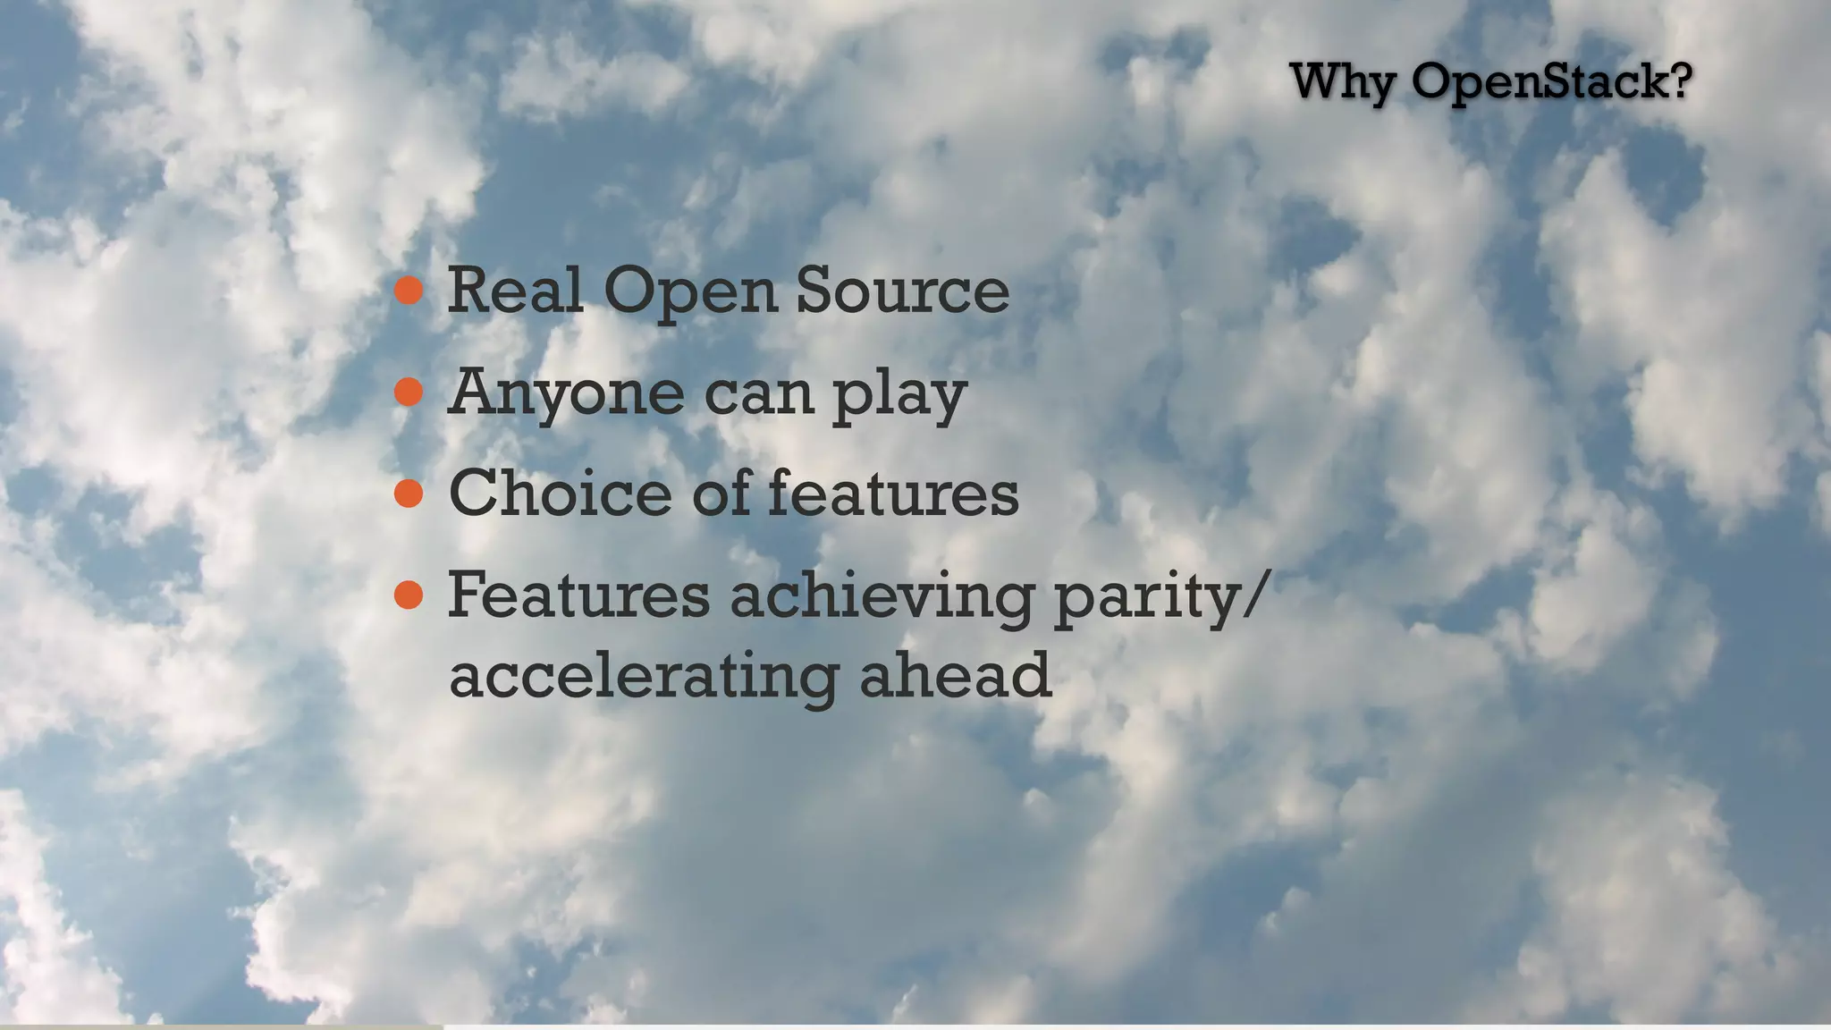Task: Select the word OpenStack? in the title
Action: pyautogui.click(x=1552, y=82)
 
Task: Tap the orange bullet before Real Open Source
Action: pyautogui.click(x=409, y=290)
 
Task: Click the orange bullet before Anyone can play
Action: pyautogui.click(x=409, y=392)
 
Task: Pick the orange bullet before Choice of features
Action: pyautogui.click(x=409, y=493)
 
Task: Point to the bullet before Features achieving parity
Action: pyautogui.click(x=409, y=595)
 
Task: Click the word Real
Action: pyautogui.click(x=515, y=290)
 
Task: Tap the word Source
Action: pyautogui.click(x=902, y=290)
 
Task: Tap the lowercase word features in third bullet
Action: pyautogui.click(x=893, y=493)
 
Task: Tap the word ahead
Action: pyautogui.click(x=955, y=675)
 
